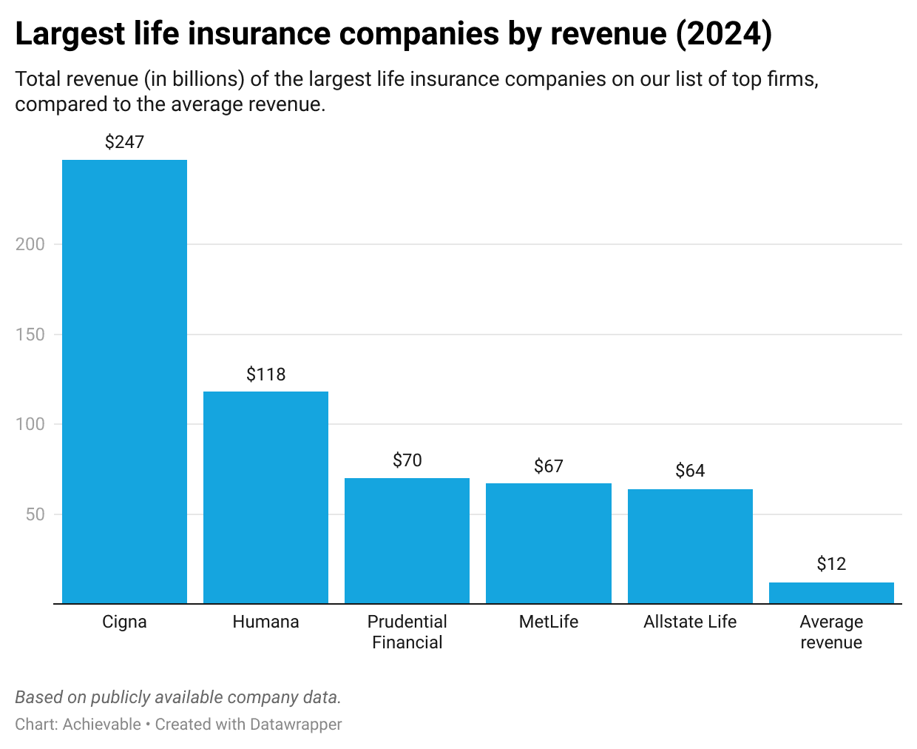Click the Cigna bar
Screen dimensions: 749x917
pyautogui.click(x=124, y=381)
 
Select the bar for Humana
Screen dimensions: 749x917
pyautogui.click(x=265, y=497)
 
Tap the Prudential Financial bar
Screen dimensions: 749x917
pyautogui.click(x=407, y=540)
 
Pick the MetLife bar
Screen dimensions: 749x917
pyautogui.click(x=548, y=543)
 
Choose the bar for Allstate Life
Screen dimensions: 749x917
pyautogui.click(x=690, y=546)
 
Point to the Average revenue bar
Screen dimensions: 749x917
pyautogui.click(x=831, y=593)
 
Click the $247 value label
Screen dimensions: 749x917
pyautogui.click(x=124, y=142)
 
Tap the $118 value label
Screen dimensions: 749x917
pyautogui.click(x=265, y=374)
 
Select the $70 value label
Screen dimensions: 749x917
pyautogui.click(x=407, y=460)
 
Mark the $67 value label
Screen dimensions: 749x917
pyautogui.click(x=548, y=466)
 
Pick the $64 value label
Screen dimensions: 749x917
pyautogui.click(x=690, y=471)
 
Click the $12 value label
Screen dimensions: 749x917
pyautogui.click(x=831, y=564)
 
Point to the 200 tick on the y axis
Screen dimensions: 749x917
pyautogui.click(x=30, y=244)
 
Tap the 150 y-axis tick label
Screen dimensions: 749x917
pyautogui.click(x=30, y=335)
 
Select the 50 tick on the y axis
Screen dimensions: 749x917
pyautogui.click(x=35, y=514)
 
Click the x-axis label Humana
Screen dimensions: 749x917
pyautogui.click(x=265, y=622)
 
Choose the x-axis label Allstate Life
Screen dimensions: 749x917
pyautogui.click(x=690, y=622)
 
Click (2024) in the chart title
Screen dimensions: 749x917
pyautogui.click(x=724, y=34)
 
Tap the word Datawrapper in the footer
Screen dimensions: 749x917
pyautogui.click(x=295, y=724)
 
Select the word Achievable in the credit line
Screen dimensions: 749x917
pyautogui.click(x=102, y=724)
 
